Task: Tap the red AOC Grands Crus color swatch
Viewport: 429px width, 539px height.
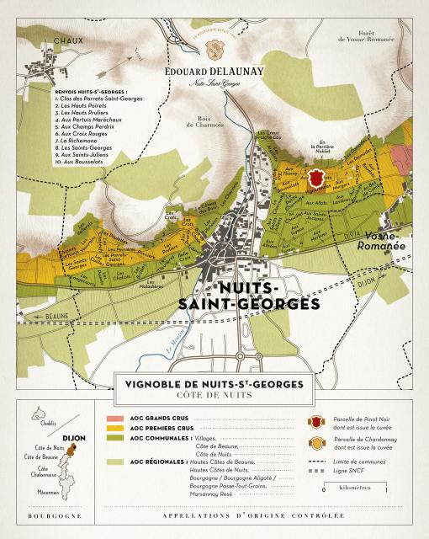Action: coord(114,418)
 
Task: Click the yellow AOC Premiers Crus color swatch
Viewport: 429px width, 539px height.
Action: coord(114,429)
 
